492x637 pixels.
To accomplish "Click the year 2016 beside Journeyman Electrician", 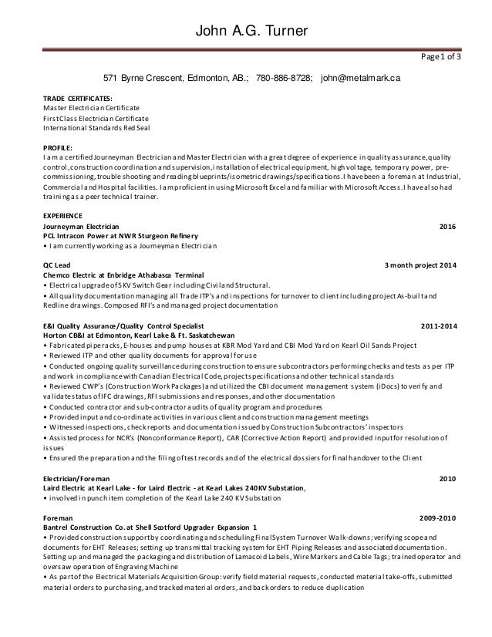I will [447, 227].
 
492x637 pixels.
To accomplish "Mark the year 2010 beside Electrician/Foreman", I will [447, 477].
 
